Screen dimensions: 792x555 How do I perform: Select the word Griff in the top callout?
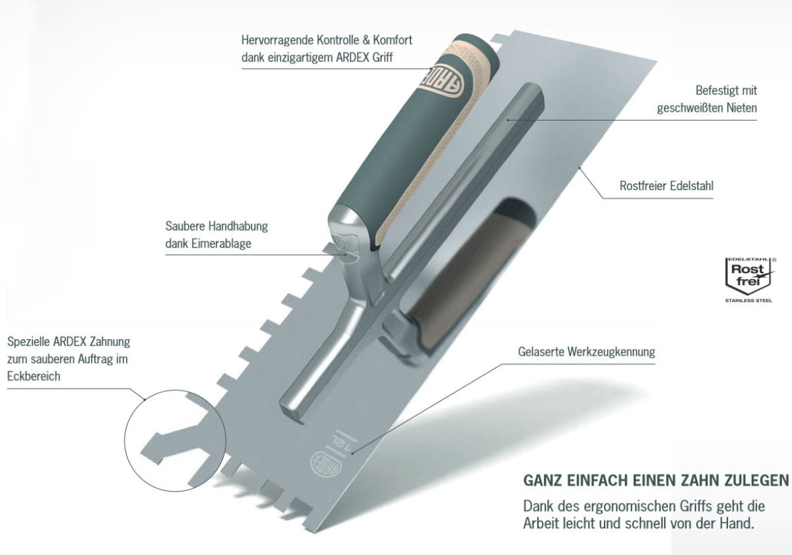(383, 57)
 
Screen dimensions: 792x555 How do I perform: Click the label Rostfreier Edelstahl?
(666, 186)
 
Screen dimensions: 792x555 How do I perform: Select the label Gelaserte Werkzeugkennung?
(586, 352)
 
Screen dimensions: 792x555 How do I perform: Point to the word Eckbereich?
(34, 376)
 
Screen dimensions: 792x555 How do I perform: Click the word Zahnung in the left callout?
(110, 342)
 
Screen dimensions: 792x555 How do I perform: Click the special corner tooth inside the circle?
(170, 445)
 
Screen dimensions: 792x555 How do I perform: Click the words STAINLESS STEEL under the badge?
(748, 300)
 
